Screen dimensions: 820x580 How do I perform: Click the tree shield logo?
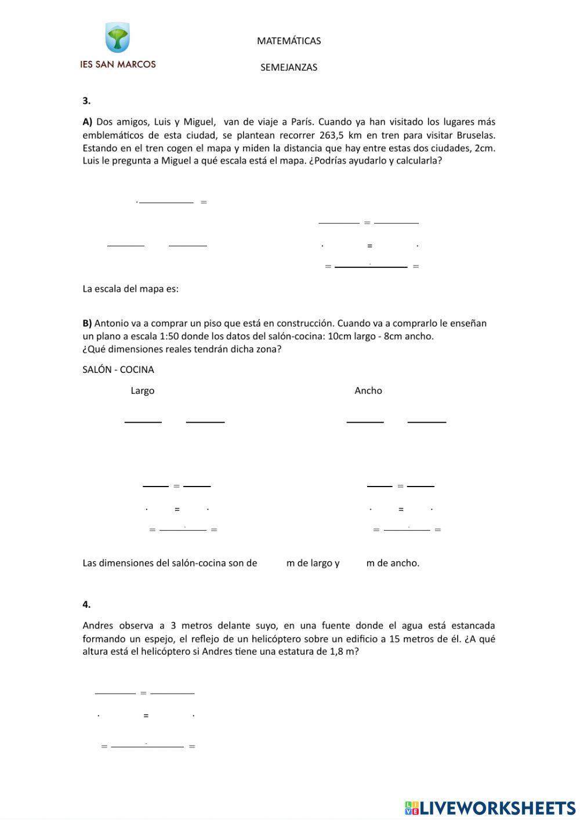click(x=117, y=38)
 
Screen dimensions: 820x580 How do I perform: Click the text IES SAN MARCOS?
click(x=118, y=64)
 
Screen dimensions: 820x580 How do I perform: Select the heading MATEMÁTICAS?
click(x=289, y=41)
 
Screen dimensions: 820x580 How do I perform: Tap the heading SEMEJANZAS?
click(x=289, y=67)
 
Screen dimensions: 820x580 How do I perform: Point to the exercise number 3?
click(x=86, y=100)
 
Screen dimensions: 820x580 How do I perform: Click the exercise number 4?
click(x=86, y=604)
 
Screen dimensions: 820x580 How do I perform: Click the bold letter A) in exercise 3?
click(x=88, y=122)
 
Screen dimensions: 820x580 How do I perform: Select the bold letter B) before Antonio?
click(x=88, y=323)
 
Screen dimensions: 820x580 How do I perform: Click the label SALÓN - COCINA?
click(x=118, y=369)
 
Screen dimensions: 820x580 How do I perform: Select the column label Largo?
click(x=142, y=391)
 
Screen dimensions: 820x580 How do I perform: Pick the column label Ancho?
click(x=368, y=391)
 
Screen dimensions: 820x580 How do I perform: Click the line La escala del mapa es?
click(x=130, y=289)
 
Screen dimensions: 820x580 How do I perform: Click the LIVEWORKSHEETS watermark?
click(x=490, y=808)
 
